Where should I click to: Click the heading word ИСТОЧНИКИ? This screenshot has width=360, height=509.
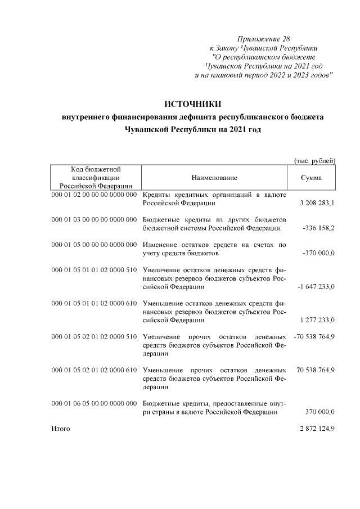tap(193, 104)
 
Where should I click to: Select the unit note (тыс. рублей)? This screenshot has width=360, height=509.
tap(315, 161)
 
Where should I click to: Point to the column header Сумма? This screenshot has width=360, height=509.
tap(312, 178)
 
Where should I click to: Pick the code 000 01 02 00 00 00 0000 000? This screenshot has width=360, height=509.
tap(94, 195)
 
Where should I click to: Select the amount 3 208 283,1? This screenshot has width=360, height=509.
tap(318, 203)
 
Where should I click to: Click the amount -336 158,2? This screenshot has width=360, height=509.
tap(318, 228)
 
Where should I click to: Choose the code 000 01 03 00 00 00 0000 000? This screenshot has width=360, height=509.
tap(94, 219)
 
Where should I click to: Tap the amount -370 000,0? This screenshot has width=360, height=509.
tap(319, 254)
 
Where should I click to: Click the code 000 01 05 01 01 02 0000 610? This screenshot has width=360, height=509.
tap(94, 304)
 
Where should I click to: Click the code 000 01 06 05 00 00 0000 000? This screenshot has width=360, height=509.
tap(94, 404)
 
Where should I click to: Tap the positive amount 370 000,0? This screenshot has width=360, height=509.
tap(320, 412)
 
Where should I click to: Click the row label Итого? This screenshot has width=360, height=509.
tap(60, 429)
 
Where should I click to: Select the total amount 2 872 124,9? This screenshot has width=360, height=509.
tap(318, 429)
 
